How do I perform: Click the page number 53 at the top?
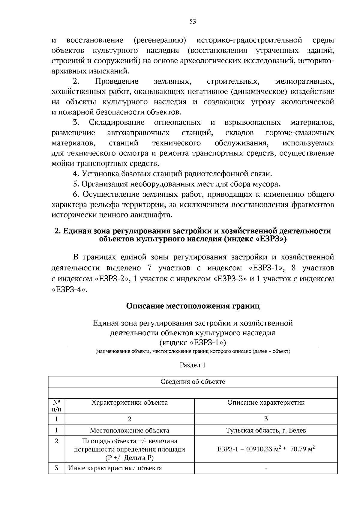[193, 22]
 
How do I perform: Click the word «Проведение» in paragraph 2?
[116, 81]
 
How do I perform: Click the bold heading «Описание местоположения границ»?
[193, 306]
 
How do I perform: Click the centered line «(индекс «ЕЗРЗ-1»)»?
[193, 343]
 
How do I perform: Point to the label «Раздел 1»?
[193, 365]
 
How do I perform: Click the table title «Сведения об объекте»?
[193, 382]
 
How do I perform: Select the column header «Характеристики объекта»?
[130, 403]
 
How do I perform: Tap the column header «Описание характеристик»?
[266, 403]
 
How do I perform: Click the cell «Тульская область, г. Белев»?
[266, 430]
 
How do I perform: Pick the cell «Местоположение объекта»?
[130, 430]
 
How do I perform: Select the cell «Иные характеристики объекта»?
[115, 468]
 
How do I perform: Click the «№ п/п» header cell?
[56, 406]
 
